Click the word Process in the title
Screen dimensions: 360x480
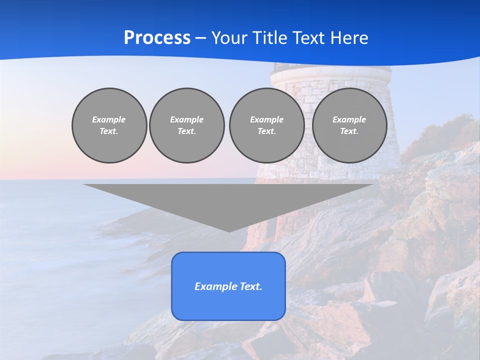pos(157,38)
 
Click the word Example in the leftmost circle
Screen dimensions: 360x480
pos(109,119)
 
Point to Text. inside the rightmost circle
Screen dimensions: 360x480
pos(349,131)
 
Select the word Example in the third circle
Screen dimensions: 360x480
pos(267,119)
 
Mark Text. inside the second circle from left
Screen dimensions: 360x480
pos(187,131)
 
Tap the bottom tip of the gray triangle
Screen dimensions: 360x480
pos(229,230)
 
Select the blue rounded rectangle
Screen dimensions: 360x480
pos(228,305)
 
